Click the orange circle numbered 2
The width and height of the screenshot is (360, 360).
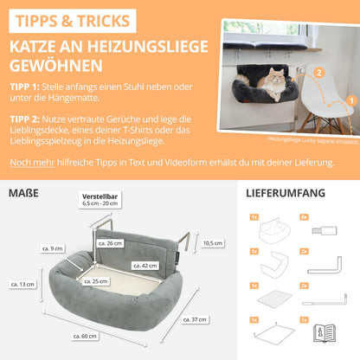tap(320, 74)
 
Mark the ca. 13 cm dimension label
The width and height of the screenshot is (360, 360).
tap(23, 284)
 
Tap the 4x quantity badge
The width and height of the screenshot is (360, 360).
tap(304, 217)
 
